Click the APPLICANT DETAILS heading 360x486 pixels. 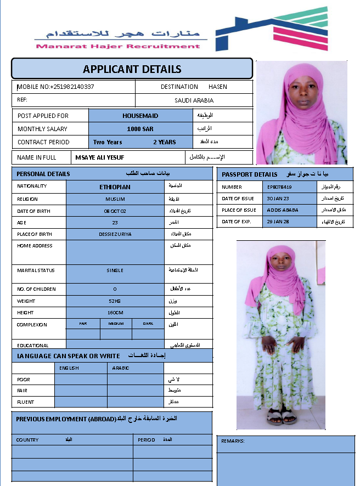tap(132, 69)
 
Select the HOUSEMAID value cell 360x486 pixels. tap(140, 116)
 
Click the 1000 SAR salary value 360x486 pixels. tap(140, 129)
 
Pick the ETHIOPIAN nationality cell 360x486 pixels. tap(115, 187)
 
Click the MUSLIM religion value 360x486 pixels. tap(115, 199)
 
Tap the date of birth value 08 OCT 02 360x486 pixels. tap(115, 211)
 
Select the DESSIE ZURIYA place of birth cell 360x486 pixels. tap(115, 234)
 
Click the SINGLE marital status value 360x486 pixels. tap(115, 270)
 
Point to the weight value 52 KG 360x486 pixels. tap(115, 301)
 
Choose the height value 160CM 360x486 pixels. tap(115, 313)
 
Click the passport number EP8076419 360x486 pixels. tap(279, 187)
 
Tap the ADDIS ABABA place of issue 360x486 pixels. tap(281, 210)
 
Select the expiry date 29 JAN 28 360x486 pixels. tap(278, 222)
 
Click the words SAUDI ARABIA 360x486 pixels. tap(194, 100)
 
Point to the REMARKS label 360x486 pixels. tap(233, 441)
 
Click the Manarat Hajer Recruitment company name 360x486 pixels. tap(118, 46)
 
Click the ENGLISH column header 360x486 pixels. tap(70, 368)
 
